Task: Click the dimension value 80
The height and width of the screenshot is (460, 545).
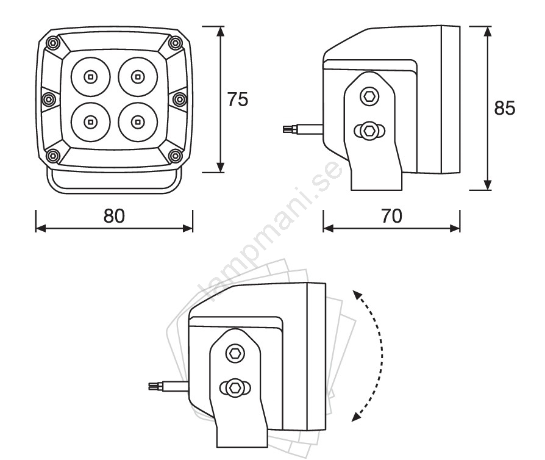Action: click(114, 216)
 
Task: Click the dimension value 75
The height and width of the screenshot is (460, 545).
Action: click(238, 99)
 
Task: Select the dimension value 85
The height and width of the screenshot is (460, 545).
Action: click(505, 108)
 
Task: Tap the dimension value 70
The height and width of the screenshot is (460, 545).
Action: click(392, 216)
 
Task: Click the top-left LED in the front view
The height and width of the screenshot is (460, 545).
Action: click(90, 76)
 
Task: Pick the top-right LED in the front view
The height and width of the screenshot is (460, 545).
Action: click(138, 76)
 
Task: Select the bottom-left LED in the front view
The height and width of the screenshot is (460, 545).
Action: click(90, 122)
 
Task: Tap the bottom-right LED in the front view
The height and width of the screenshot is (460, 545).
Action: click(138, 122)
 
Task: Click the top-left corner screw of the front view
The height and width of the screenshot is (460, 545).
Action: click(53, 43)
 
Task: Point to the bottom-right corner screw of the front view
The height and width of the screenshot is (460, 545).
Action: click(175, 156)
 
